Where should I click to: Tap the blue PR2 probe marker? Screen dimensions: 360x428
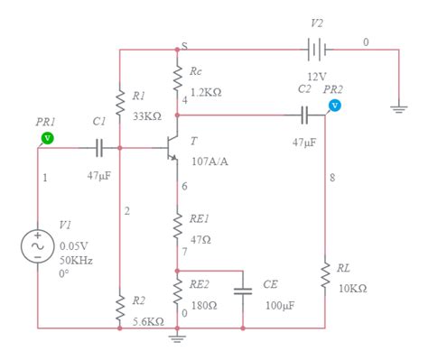(x=334, y=105)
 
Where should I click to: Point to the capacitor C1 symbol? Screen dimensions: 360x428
(x=98, y=147)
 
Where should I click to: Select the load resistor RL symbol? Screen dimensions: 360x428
(x=324, y=275)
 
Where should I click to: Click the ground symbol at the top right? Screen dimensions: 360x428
(x=397, y=106)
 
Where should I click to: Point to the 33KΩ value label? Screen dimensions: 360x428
(x=146, y=116)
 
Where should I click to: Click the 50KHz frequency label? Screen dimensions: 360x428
(x=77, y=260)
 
